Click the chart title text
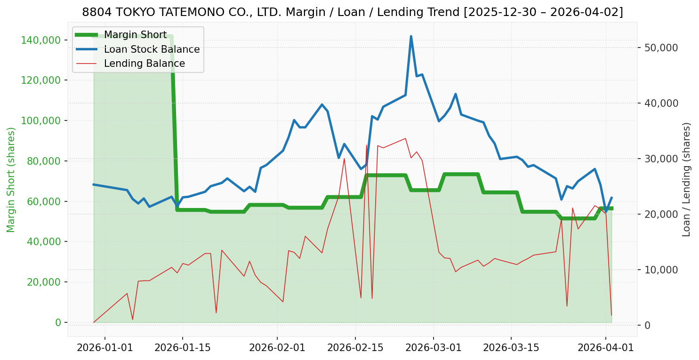[352, 12]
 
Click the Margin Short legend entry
[135, 35]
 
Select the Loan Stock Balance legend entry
[152, 49]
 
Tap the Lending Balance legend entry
[144, 64]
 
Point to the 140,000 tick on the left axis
[42, 40]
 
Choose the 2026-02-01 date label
[277, 348]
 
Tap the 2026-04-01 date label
[605, 348]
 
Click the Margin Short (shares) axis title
[11, 180]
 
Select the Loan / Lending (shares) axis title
[686, 179]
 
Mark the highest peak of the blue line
[411, 36]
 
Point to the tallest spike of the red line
[367, 145]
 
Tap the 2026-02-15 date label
[354, 348]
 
